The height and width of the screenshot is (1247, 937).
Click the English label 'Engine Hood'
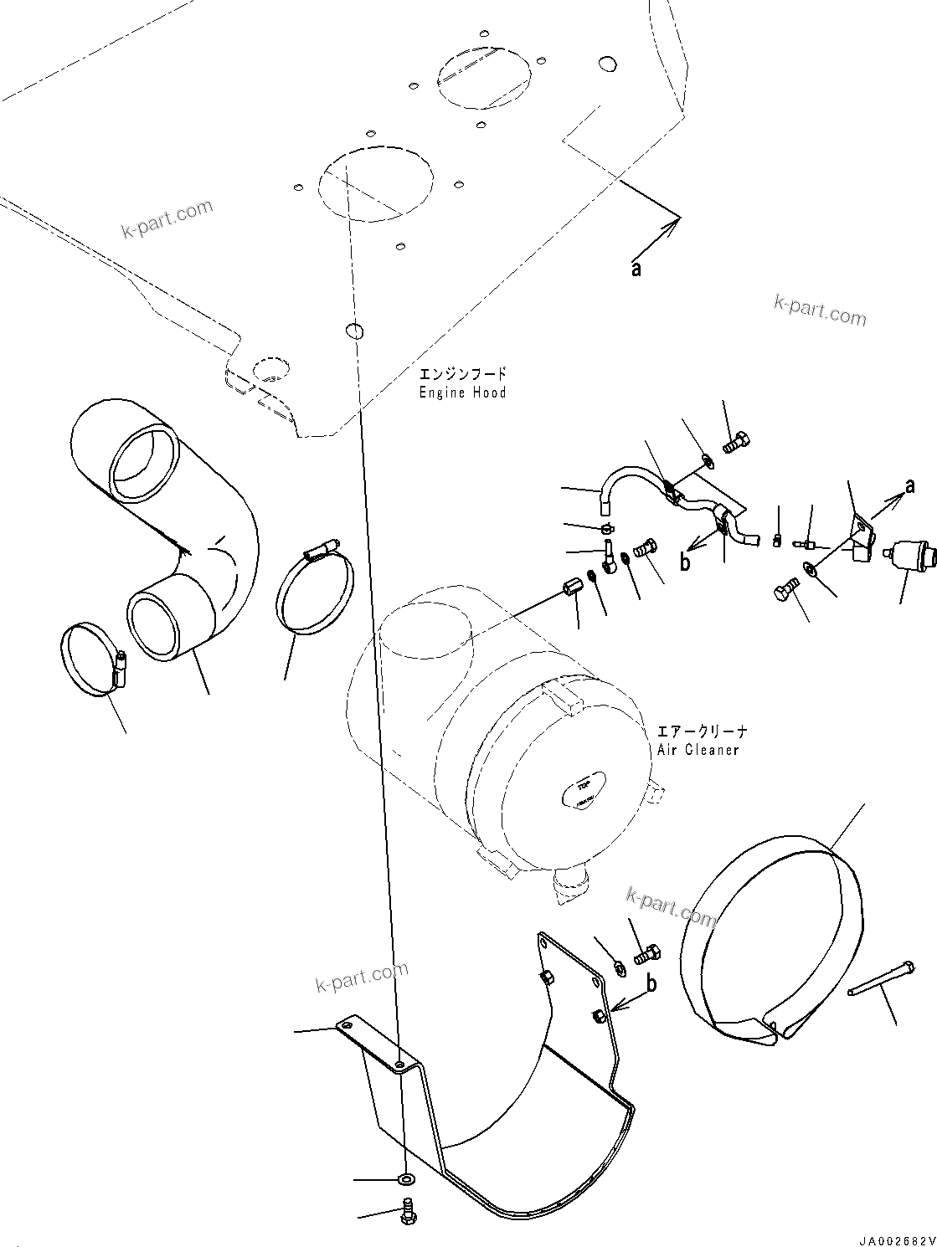[463, 393]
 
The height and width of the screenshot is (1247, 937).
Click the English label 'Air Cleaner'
[698, 750]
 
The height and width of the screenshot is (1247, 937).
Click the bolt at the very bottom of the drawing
[408, 1212]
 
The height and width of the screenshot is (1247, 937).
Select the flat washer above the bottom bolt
[406, 1180]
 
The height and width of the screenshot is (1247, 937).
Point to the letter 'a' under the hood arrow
[636, 269]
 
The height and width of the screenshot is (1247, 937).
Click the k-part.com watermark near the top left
[167, 219]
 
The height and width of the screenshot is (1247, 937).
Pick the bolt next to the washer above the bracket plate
[646, 952]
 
